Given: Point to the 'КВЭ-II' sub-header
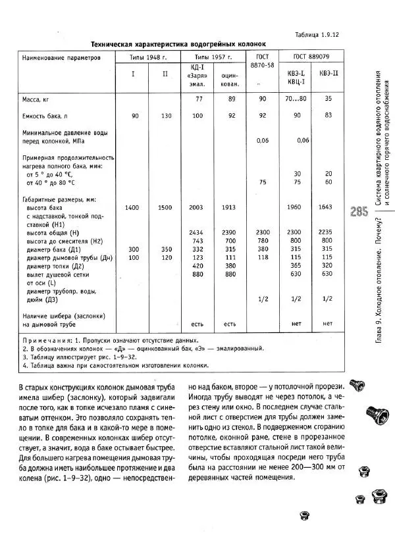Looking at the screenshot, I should pyautogui.click(x=329, y=72).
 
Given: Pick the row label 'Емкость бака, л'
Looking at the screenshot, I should pyautogui.click(x=47, y=115).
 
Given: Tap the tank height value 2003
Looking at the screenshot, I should pyautogui.click(x=197, y=207).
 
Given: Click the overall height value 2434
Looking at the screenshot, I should pyautogui.click(x=197, y=232).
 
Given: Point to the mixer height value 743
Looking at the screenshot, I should pyautogui.click(x=197, y=241).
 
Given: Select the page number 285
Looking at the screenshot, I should pyautogui.click(x=359, y=212).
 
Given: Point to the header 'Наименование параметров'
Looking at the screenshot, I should pyautogui.click(x=61, y=57).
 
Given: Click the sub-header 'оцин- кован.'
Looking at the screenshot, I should pyautogui.click(x=229, y=80).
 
